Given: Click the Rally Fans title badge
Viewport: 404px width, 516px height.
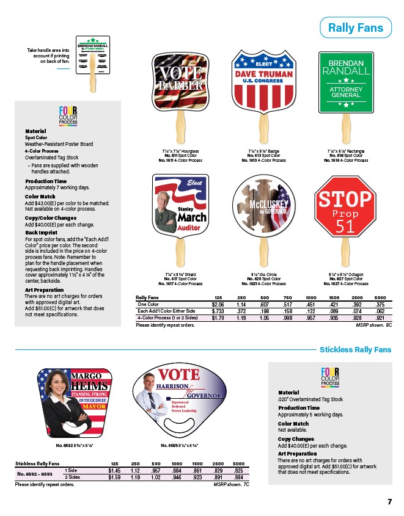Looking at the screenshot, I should tap(355, 27).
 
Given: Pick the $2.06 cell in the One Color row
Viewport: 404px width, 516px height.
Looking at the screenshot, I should tap(217, 303).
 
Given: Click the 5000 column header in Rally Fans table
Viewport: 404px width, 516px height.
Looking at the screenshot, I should tap(380, 297).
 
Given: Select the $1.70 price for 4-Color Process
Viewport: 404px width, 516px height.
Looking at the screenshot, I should tap(217, 318).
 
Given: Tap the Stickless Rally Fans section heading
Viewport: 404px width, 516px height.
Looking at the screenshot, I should tap(355, 350).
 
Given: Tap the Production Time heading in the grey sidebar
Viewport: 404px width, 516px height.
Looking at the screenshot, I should tap(46, 181).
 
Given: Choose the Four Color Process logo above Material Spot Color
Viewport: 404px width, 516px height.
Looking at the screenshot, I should tap(68, 115).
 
